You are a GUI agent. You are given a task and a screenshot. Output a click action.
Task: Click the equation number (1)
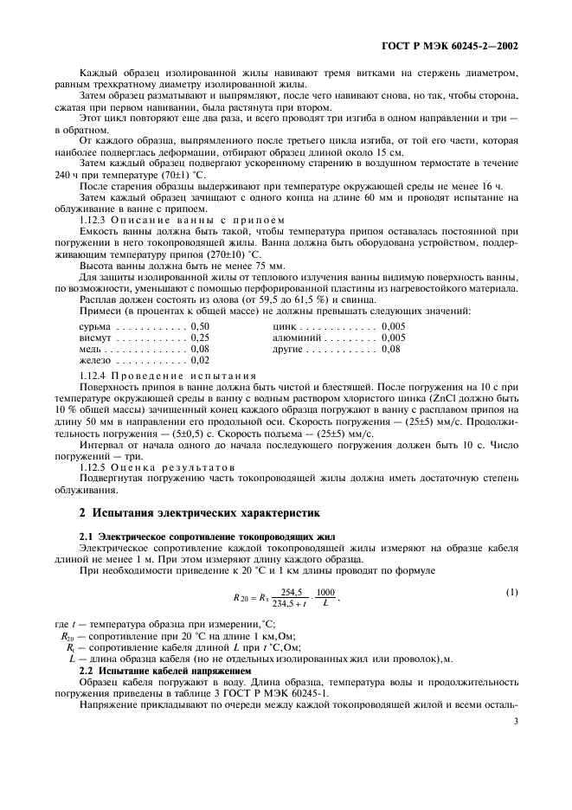pos(511,591)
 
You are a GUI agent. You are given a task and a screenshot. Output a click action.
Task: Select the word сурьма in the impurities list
pos(93,325)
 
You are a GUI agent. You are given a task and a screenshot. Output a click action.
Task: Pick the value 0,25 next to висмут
pos(200,337)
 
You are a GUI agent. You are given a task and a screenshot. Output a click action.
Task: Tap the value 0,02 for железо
pos(200,359)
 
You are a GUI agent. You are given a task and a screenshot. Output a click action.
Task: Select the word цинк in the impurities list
pos(285,325)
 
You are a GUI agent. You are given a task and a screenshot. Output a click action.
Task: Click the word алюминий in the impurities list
pos(295,337)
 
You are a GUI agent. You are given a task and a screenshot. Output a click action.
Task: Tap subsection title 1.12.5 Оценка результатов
pos(158,466)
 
